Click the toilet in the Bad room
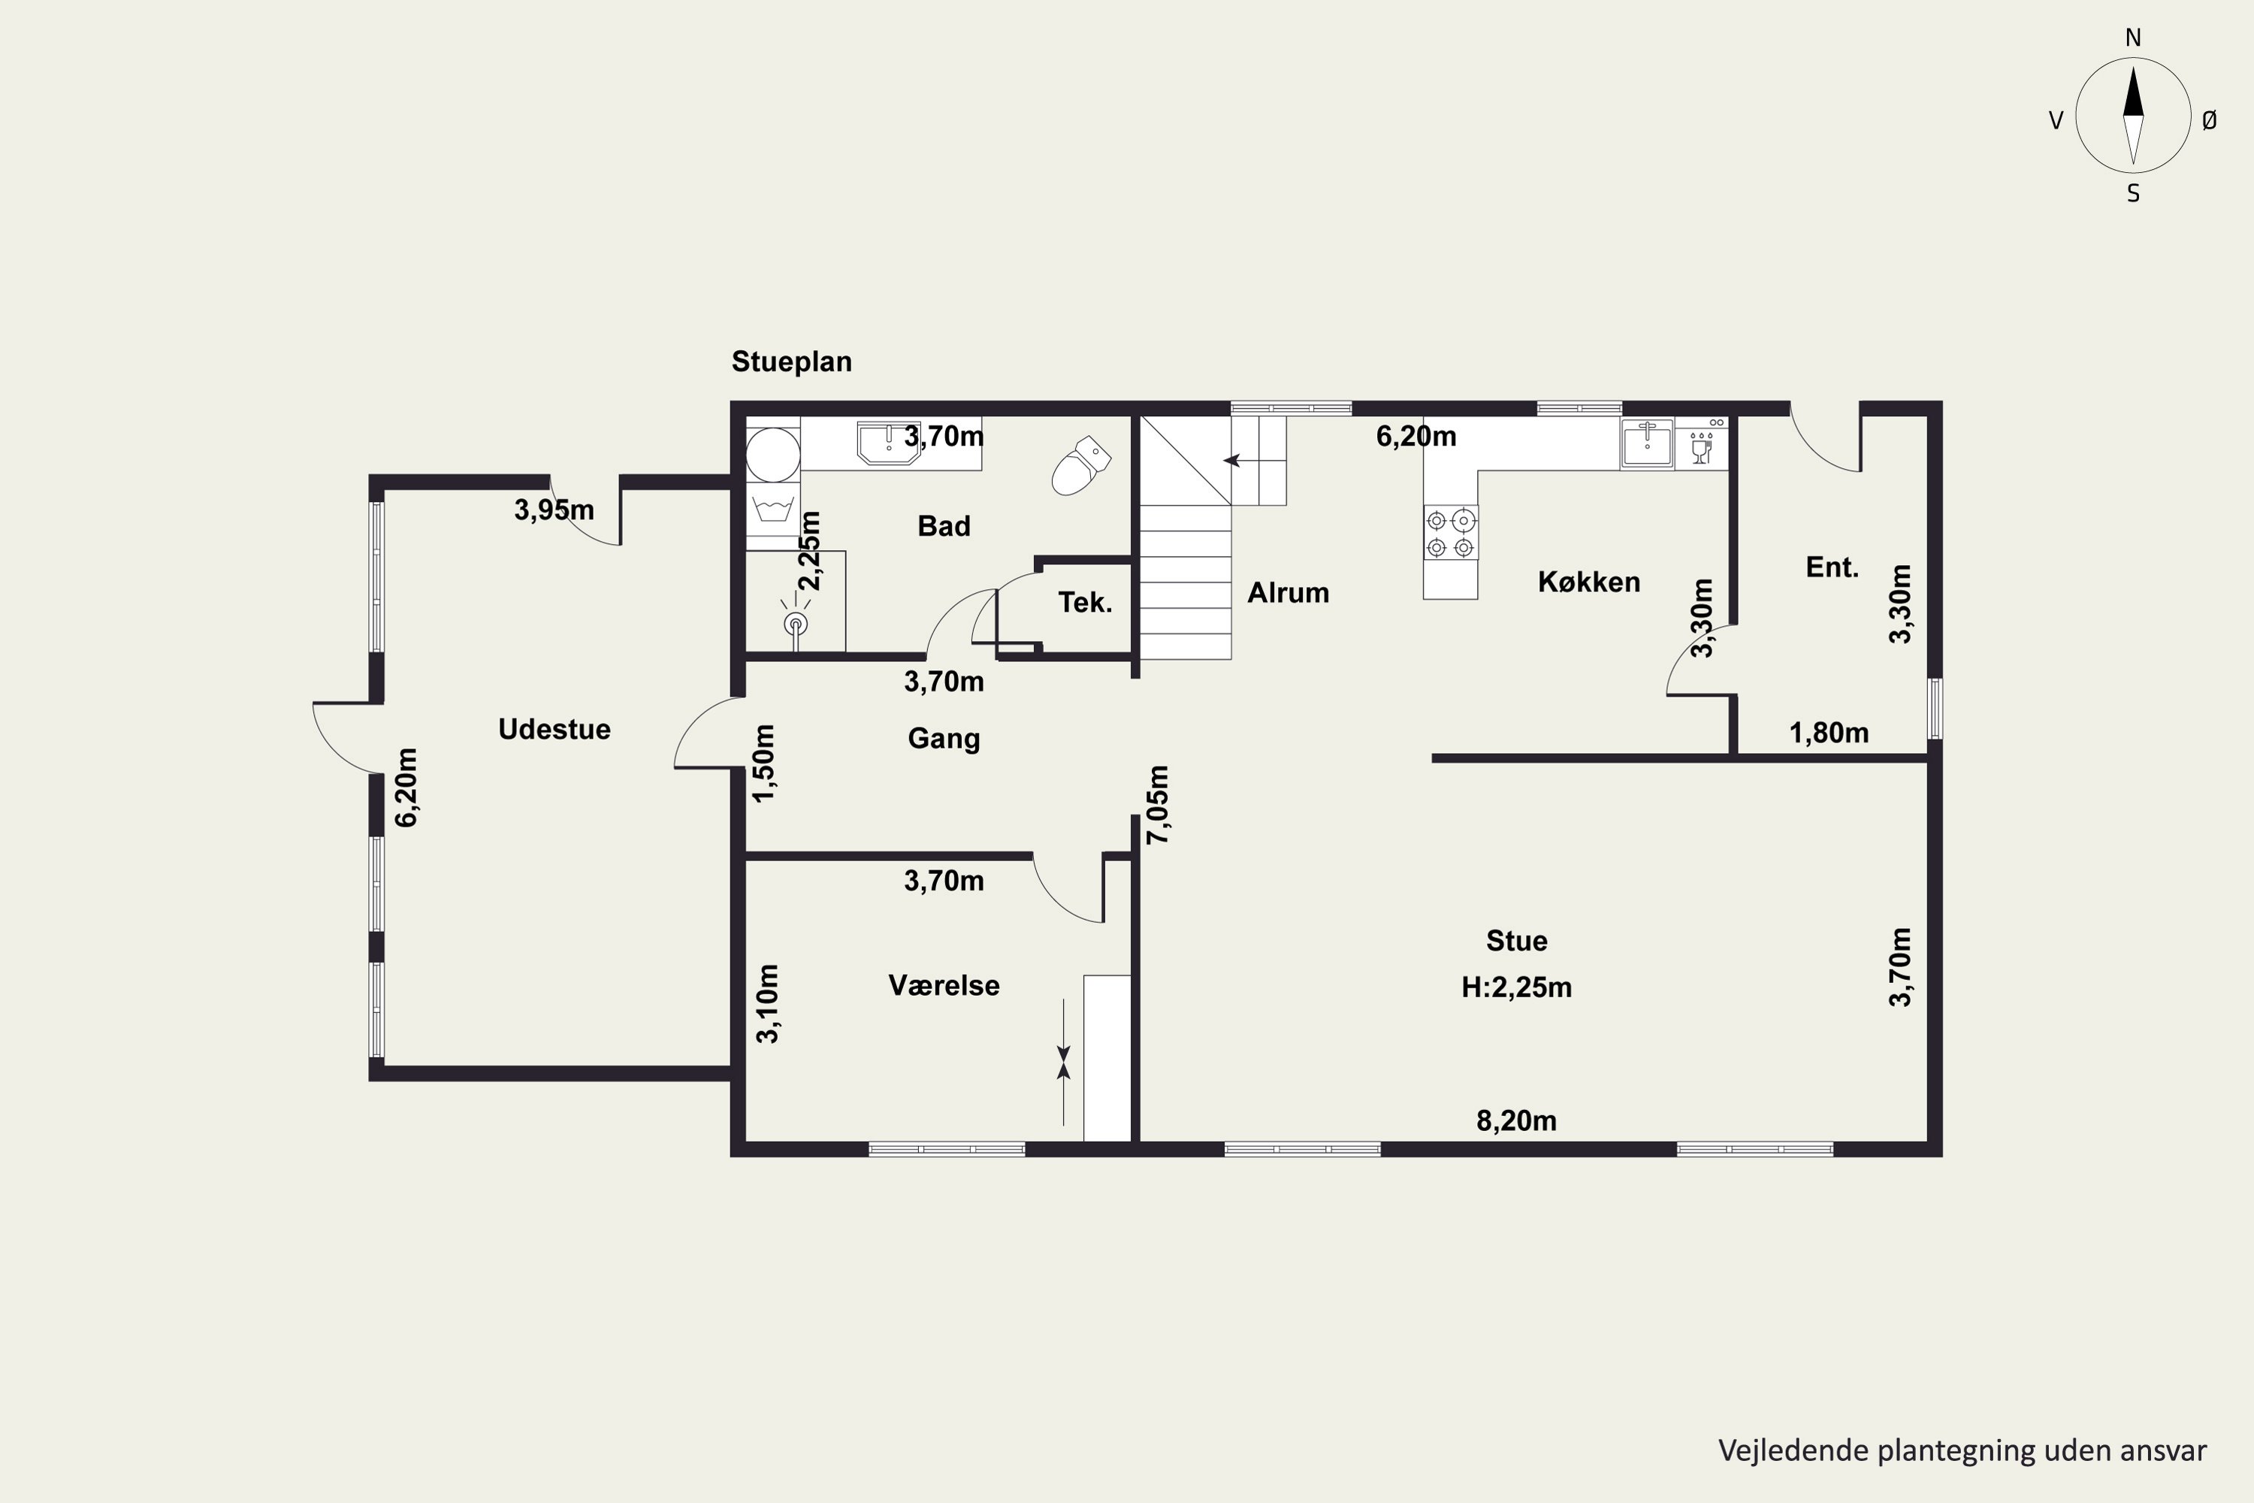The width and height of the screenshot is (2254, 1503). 1080,466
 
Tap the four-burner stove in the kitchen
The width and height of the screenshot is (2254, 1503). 1450,533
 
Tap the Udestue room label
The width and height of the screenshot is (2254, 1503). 554,730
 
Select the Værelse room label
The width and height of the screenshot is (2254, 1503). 944,985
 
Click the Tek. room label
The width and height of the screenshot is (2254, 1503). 1085,603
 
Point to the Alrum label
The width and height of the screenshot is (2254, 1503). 1288,594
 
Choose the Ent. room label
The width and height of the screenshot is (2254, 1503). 1833,567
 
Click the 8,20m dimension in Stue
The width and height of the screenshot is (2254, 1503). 1516,1120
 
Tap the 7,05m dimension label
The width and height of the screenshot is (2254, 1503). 1158,804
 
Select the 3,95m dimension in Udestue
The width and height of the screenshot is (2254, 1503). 554,510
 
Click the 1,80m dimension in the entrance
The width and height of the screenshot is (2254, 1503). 1829,733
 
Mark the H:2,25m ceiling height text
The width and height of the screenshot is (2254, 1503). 1516,987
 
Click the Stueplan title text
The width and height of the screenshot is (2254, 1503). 792,362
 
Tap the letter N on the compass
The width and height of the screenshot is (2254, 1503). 2133,38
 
